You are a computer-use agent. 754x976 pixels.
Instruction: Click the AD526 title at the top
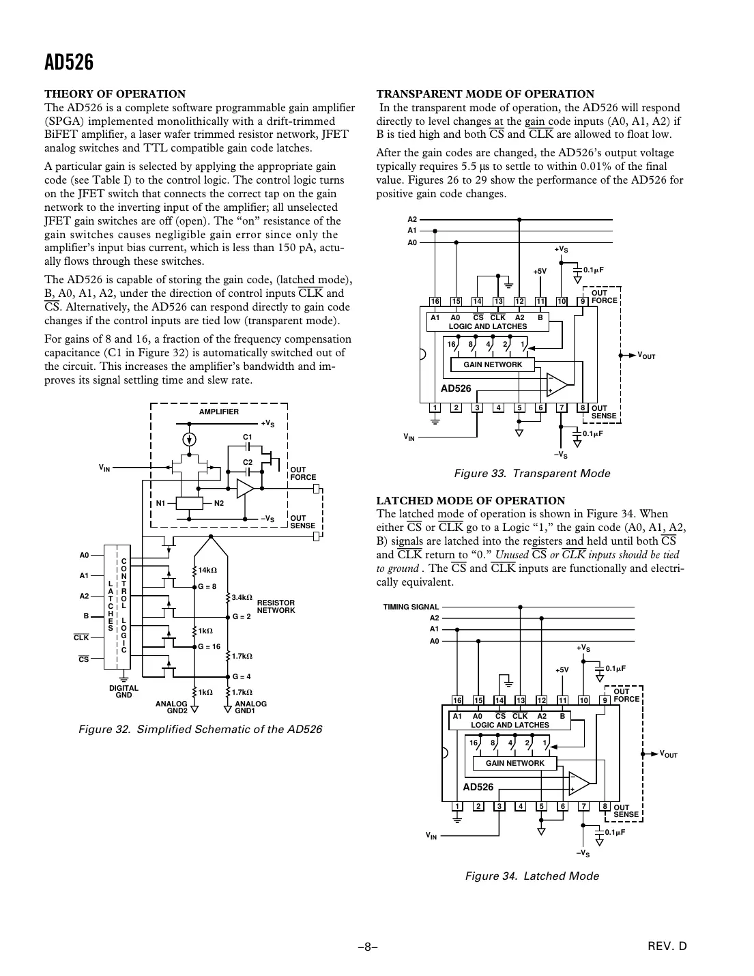69,63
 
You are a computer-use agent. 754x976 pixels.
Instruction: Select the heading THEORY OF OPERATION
115,94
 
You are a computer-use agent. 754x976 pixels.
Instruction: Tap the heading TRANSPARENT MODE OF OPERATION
485,94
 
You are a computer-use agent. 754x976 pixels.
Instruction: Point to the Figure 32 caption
200,729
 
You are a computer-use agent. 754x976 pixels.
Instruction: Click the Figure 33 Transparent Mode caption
532,473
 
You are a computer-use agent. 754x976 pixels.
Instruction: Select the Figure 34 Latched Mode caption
532,876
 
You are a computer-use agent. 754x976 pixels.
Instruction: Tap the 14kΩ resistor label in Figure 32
207,570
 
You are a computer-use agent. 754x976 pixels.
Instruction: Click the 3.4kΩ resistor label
242,597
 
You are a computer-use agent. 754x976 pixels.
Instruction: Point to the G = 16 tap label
209,646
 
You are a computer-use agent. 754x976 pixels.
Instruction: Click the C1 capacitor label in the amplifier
248,436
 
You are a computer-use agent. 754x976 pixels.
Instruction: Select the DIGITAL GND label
124,691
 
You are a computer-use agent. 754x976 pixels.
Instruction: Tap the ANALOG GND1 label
250,706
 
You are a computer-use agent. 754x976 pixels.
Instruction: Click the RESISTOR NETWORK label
276,606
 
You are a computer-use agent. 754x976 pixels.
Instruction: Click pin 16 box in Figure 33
435,301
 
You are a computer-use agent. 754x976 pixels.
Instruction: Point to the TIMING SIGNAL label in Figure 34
411,607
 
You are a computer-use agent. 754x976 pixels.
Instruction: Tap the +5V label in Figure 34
561,670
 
